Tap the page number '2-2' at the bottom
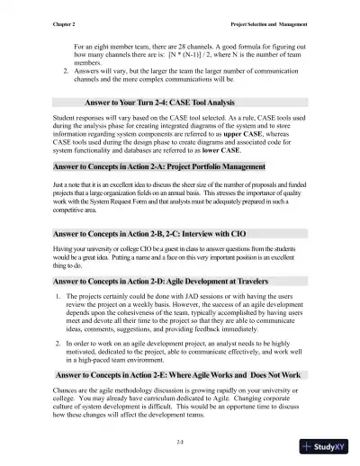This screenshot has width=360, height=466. pos(181,442)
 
